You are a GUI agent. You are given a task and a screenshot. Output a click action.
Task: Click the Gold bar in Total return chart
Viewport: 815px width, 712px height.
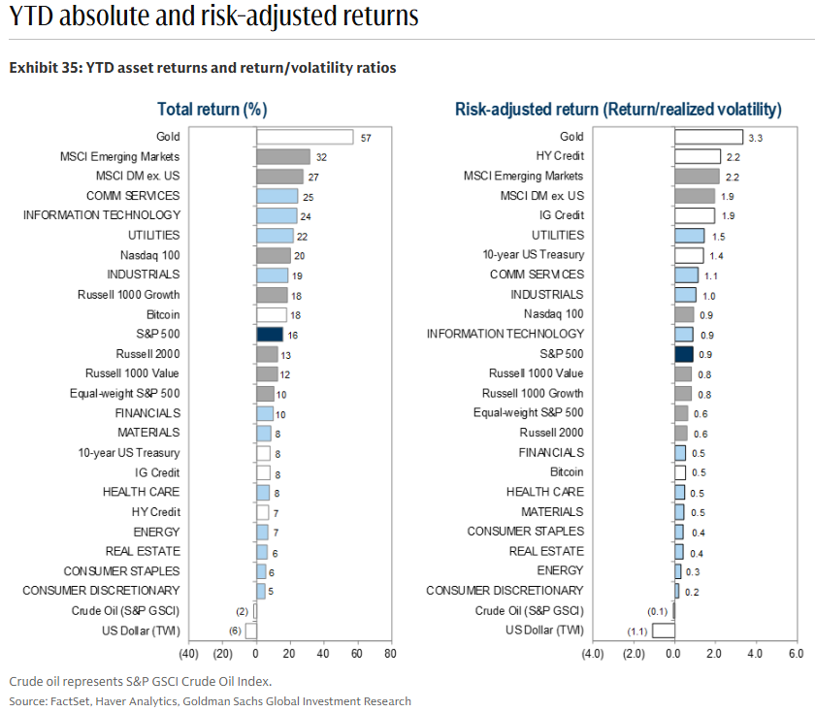[x=304, y=137]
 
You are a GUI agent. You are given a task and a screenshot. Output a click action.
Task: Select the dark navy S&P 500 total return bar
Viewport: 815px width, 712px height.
[x=269, y=334]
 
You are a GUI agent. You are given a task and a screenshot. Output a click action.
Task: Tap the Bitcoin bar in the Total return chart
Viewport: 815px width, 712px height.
[x=271, y=314]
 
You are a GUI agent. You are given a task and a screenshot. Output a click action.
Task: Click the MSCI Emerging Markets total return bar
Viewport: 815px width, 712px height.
[x=282, y=156]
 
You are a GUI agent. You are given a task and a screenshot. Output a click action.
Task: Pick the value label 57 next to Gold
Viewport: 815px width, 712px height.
[x=366, y=138]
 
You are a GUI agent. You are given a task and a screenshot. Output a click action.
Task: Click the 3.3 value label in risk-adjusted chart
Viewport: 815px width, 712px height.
[x=756, y=138]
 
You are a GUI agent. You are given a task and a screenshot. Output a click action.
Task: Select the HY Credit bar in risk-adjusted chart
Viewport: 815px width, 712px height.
[x=697, y=156]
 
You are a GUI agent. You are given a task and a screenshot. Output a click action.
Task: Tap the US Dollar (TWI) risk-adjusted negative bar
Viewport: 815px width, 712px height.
[x=663, y=631]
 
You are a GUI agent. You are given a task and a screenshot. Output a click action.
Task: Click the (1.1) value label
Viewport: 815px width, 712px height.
[x=636, y=631]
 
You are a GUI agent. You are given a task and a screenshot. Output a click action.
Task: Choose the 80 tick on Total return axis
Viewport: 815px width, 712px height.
[x=389, y=654]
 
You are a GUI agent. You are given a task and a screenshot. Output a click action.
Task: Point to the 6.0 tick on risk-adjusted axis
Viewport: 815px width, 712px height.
[x=796, y=654]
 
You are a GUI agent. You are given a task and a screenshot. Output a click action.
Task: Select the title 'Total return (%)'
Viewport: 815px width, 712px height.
[x=212, y=109]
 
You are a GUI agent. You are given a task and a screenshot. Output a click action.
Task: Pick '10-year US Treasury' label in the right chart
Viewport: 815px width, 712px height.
[x=533, y=255]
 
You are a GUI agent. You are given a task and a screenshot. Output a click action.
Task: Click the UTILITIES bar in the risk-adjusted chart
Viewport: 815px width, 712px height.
[x=689, y=236]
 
